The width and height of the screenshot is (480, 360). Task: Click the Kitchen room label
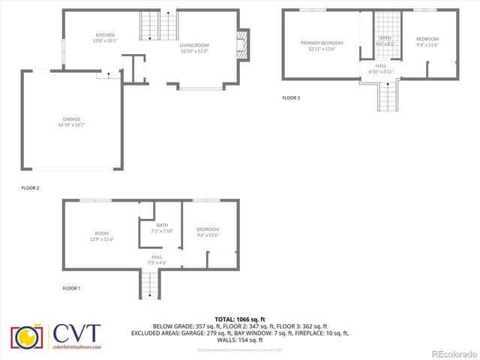(104, 36)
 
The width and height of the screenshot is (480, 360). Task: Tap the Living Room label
(194, 45)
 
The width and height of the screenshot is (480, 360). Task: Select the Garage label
(71, 118)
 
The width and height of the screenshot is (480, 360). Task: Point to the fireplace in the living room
(242, 46)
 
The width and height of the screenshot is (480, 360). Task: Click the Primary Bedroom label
(321, 43)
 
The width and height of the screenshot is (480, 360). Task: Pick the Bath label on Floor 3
(385, 37)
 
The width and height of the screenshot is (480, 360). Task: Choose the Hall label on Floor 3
(381, 66)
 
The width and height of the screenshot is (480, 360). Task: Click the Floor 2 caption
(30, 187)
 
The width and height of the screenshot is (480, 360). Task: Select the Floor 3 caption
(291, 97)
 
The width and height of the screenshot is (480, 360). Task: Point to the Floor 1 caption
(71, 287)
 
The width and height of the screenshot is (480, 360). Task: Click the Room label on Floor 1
(101, 232)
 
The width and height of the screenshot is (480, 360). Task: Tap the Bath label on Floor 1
(162, 225)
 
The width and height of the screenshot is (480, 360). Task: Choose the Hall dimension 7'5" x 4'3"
(157, 262)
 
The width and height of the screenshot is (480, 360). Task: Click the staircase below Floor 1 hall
(149, 284)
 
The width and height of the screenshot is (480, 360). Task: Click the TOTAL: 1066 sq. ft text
(239, 319)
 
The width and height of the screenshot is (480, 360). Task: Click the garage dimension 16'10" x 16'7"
(71, 124)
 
